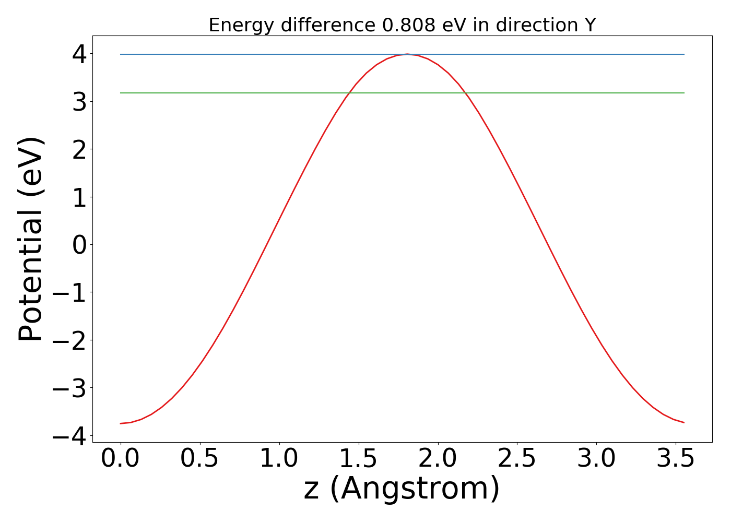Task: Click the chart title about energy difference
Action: tap(402, 25)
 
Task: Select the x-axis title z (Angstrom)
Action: tap(402, 489)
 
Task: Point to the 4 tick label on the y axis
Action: tap(79, 54)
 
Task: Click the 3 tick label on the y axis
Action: tap(79, 102)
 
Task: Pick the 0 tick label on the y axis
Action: tap(79, 245)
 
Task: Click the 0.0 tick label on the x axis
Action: tap(120, 459)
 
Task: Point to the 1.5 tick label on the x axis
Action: tap(358, 459)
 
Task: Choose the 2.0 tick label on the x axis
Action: tap(438, 459)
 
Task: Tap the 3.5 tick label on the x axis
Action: tap(675, 459)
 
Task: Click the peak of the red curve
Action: tap(407, 54)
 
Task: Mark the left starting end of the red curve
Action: tap(121, 423)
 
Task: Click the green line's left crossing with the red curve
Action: tap(349, 93)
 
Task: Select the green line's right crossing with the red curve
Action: tap(465, 93)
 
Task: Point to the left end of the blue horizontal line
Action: tap(121, 54)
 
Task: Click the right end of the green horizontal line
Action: tap(684, 93)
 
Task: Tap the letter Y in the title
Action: tap(589, 25)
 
